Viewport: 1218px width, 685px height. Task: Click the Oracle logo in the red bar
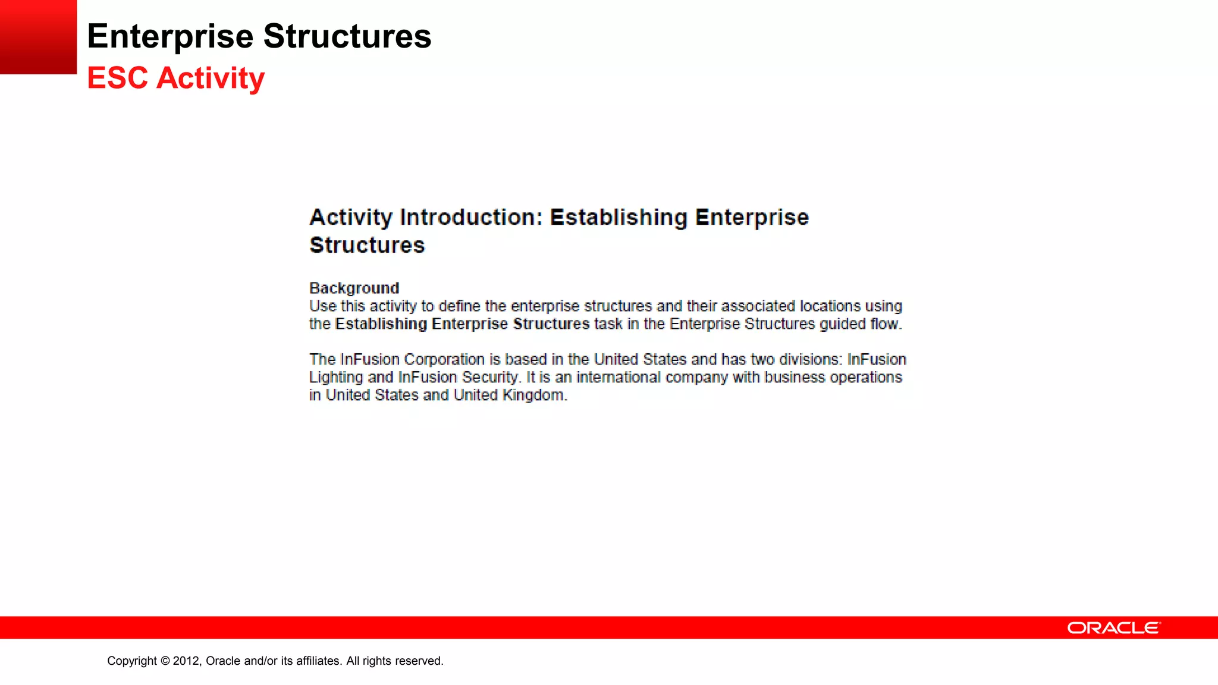(1113, 628)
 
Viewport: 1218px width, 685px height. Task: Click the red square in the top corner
(38, 37)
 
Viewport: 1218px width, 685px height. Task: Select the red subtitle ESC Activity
(175, 78)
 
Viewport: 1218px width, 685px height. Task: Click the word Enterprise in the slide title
(170, 36)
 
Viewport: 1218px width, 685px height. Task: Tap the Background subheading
(354, 288)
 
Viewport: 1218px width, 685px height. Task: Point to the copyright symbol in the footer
(165, 661)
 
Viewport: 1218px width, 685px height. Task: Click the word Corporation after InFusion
(444, 360)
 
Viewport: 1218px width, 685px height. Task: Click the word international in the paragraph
(619, 378)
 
